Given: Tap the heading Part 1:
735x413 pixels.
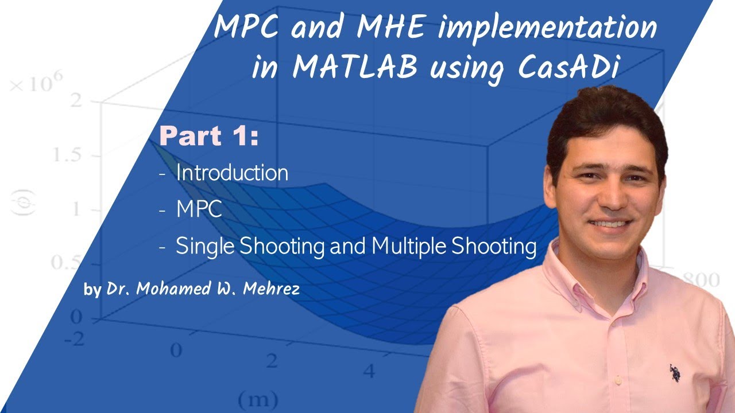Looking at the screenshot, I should click(209, 136).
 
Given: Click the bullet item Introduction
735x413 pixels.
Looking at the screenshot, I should click(232, 173).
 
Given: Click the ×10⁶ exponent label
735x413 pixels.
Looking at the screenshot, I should click(36, 85).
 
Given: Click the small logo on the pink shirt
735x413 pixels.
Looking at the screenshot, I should click(674, 373).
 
